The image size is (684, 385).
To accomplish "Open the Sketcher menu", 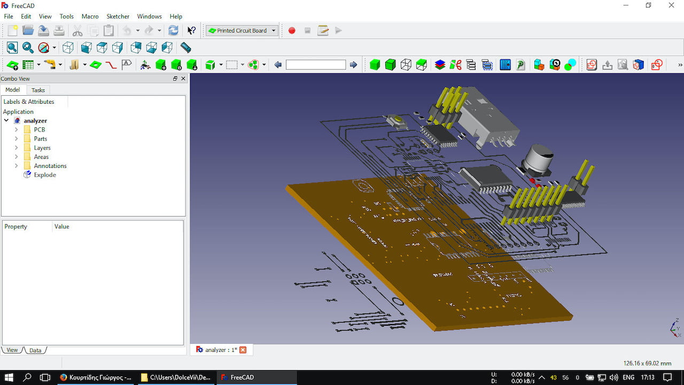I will coord(118,16).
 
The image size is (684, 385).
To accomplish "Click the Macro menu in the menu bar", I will coord(90,16).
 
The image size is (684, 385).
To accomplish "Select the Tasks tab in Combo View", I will coord(38,90).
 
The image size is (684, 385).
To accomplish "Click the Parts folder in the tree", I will coord(40,138).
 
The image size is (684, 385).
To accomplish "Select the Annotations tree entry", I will coord(50,166).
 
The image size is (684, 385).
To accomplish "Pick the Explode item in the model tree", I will coord(44,175).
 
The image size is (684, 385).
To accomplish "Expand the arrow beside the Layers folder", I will coord(17,148).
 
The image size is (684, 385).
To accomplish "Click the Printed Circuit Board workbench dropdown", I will coord(242,30).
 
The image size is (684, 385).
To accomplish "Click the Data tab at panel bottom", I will coord(35,350).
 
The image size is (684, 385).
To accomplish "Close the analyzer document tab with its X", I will coord(243,350).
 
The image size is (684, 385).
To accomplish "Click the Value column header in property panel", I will coord(62,227).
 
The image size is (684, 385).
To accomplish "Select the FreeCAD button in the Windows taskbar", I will coord(256,377).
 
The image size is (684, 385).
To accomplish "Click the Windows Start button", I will coord(9,377).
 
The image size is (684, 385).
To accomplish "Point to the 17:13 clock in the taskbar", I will coord(648,377).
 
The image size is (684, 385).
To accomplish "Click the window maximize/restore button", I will coord(648,5).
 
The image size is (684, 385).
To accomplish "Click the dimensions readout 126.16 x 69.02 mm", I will coord(647,363).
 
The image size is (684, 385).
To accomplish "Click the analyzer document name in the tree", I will coord(35,121).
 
